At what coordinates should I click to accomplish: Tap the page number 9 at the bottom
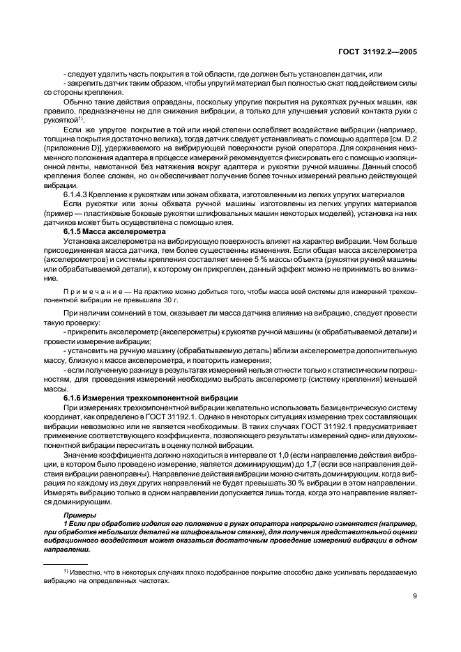tap(414, 596)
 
